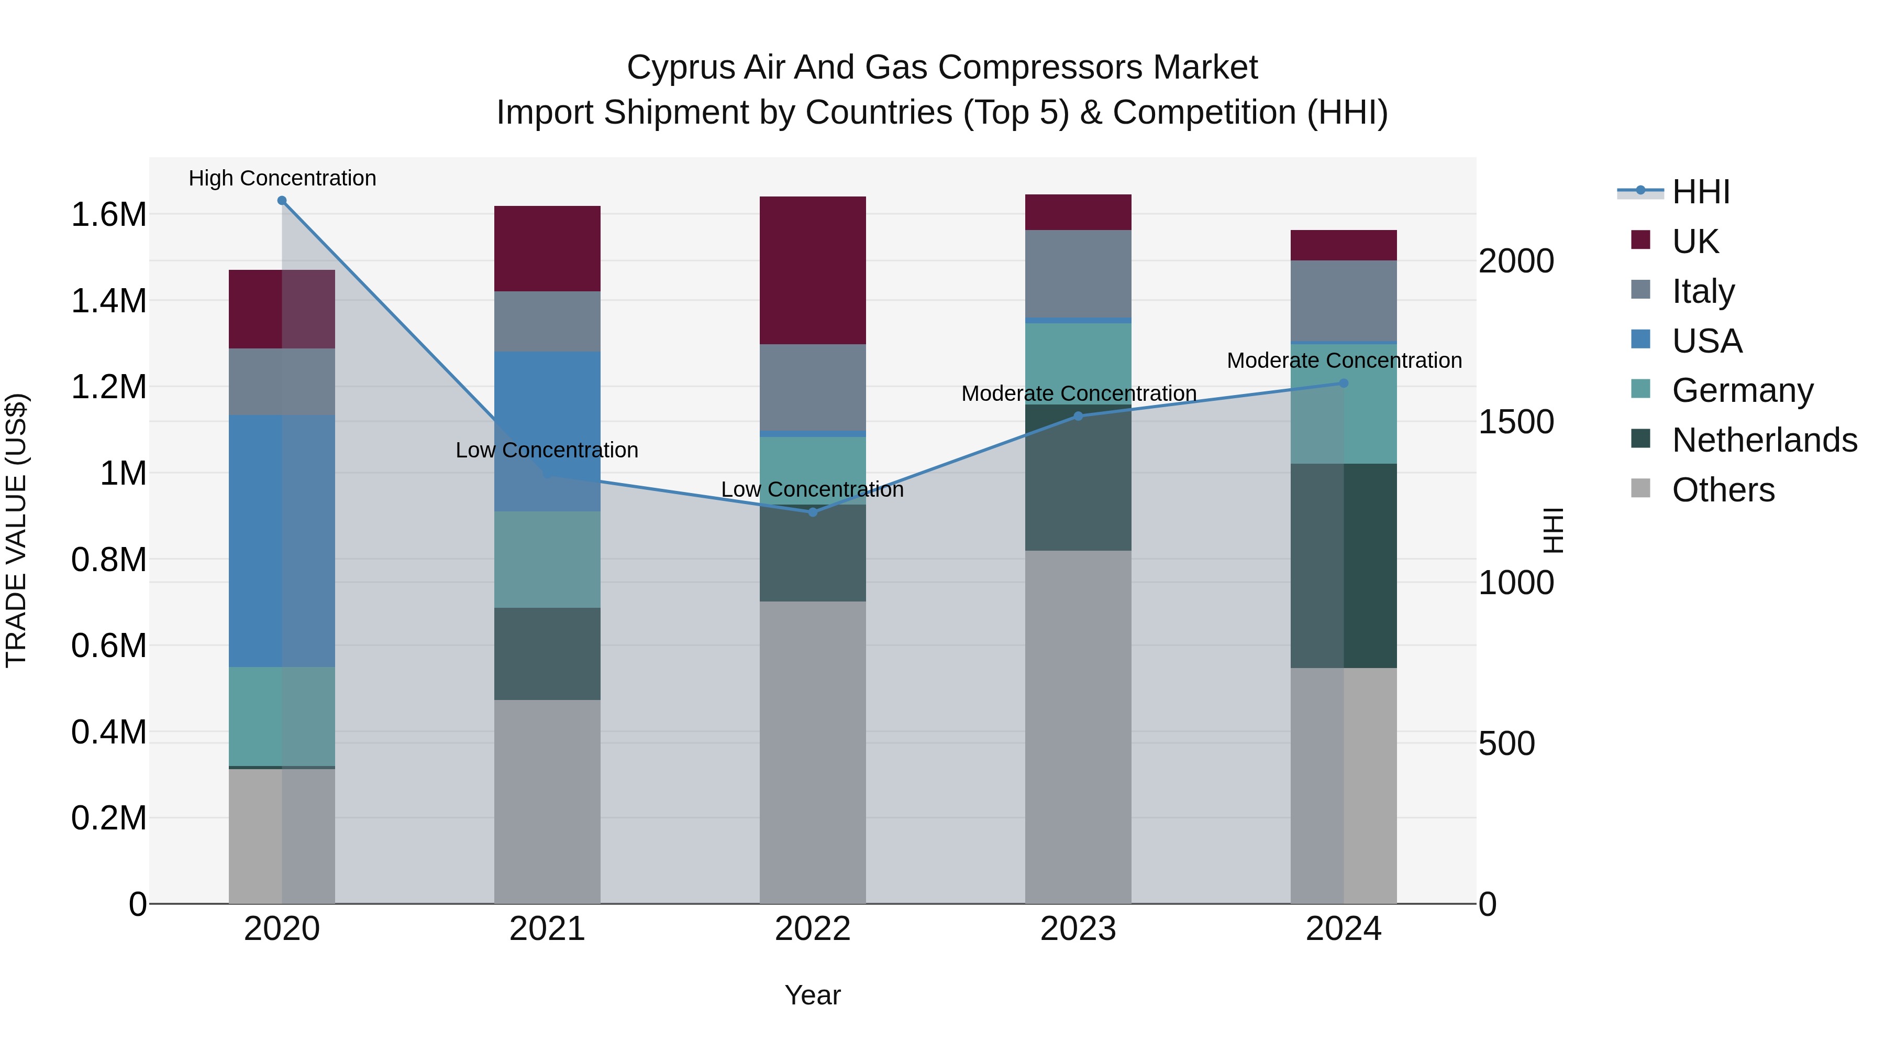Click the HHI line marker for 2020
[282, 201]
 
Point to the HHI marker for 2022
[812, 512]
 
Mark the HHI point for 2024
[1344, 383]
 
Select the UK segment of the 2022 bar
[812, 270]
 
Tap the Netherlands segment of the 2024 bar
[1344, 565]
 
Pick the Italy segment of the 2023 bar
[1078, 274]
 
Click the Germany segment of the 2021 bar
[547, 560]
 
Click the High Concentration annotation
[282, 179]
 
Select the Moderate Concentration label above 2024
[1344, 361]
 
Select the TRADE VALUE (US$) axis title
[16, 530]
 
